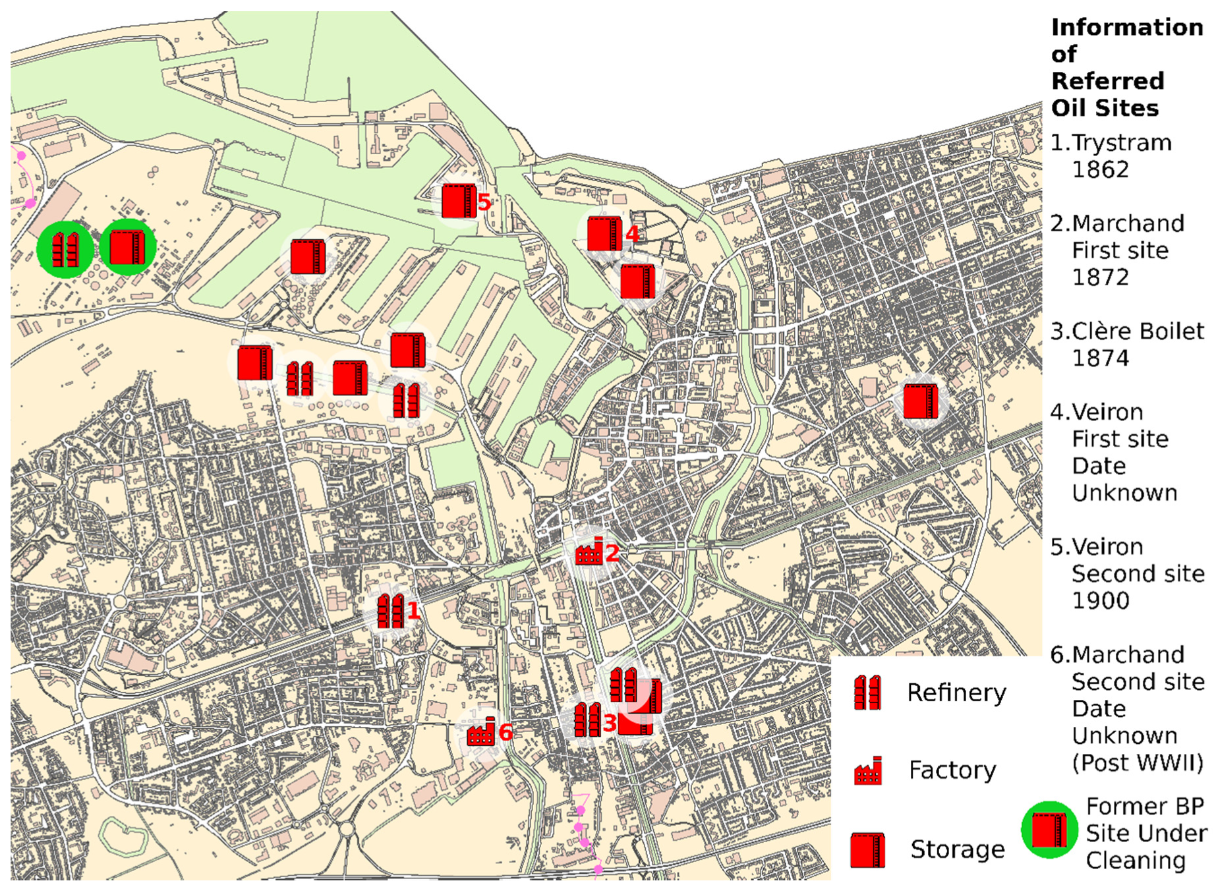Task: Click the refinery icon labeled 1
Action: [x=390, y=611]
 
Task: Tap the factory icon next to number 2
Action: [x=589, y=552]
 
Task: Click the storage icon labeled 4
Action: [x=604, y=233]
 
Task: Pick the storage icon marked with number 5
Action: [x=459, y=201]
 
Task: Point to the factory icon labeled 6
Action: [x=480, y=732]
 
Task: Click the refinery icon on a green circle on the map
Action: [x=65, y=249]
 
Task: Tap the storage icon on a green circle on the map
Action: [x=127, y=247]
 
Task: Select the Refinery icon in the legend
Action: [x=867, y=693]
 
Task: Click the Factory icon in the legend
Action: [x=868, y=771]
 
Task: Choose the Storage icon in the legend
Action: [x=868, y=849]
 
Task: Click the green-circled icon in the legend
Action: [x=1049, y=830]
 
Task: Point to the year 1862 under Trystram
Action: [x=1100, y=170]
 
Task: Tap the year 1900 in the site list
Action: [x=1100, y=600]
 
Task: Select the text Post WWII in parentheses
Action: [x=1138, y=762]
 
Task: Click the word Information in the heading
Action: [x=1127, y=28]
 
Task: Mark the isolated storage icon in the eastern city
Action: [x=921, y=401]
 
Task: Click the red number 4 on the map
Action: [x=632, y=233]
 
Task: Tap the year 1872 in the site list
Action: [x=1100, y=277]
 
